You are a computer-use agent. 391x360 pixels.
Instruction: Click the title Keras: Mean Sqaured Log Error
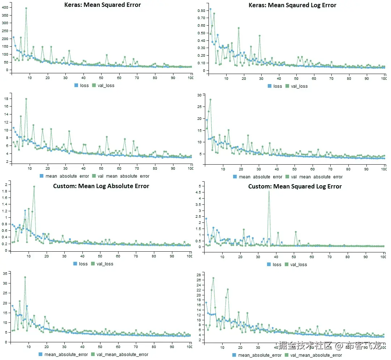click(292, 5)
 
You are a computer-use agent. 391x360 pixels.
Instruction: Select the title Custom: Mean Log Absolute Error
click(101, 186)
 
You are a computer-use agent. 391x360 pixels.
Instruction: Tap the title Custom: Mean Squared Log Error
click(295, 186)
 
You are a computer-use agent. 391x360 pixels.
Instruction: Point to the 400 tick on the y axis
click(5, 7)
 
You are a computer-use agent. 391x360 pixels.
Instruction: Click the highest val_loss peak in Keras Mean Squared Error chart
click(26, 8)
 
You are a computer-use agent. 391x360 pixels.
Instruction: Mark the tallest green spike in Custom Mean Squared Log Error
click(268, 191)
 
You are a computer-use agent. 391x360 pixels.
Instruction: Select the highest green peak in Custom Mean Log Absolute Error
click(34, 187)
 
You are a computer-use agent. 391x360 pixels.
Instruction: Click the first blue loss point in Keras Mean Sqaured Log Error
click(210, 9)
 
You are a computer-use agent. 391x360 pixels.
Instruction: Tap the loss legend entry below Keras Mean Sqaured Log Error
click(275, 86)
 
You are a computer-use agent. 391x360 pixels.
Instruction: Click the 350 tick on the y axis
click(5, 15)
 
